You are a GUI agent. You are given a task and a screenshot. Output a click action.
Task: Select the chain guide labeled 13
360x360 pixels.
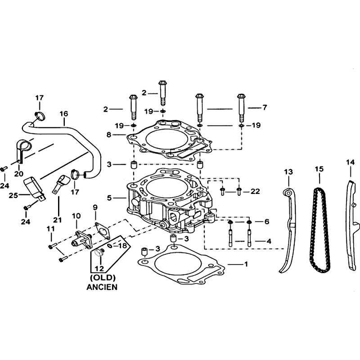click(x=290, y=229)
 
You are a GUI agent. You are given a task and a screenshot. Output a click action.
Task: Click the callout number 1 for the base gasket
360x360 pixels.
click(x=246, y=264)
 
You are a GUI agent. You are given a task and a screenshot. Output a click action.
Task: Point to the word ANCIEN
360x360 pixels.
click(x=102, y=287)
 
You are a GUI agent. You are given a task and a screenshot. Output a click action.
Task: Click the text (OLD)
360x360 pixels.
click(x=103, y=278)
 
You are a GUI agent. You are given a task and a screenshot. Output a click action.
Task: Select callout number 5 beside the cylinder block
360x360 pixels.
click(x=109, y=198)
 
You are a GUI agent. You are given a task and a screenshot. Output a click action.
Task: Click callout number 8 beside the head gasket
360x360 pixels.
click(x=109, y=135)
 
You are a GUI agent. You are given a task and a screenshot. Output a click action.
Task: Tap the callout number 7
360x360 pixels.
click(x=265, y=107)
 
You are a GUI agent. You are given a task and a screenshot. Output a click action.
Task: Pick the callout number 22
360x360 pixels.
click(x=255, y=191)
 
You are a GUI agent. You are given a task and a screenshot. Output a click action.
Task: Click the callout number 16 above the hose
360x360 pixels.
click(x=64, y=114)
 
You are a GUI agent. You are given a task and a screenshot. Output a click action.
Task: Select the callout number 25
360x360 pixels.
click(x=13, y=196)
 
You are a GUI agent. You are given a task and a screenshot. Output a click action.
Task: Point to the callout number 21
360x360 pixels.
click(x=58, y=220)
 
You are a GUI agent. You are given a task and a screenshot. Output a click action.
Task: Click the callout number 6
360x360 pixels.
click(x=266, y=221)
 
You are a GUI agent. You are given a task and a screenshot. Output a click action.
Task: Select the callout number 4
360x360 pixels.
click(x=269, y=241)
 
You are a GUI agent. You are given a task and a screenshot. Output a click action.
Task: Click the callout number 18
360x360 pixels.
click(x=122, y=246)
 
